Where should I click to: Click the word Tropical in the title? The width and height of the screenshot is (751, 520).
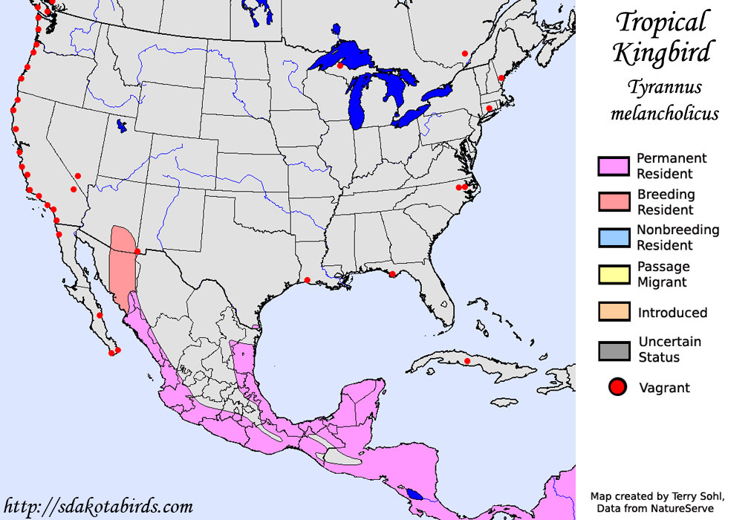point(663,22)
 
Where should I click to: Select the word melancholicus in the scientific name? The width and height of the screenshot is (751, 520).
point(664,114)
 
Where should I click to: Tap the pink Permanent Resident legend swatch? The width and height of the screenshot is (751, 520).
point(614,166)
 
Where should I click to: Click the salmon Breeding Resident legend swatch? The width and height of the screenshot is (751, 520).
point(614,202)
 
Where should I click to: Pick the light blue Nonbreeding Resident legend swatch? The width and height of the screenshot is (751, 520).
point(614,238)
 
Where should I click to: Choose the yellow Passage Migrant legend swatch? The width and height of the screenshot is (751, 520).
point(614,274)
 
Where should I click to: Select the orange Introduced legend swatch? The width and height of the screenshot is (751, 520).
point(614,312)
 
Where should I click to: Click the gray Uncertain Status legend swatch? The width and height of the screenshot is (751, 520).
point(614,350)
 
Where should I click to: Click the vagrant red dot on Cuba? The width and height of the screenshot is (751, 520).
point(467,361)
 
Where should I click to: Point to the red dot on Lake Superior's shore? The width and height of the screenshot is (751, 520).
point(340,65)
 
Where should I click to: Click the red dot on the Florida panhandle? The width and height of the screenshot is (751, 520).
point(392,274)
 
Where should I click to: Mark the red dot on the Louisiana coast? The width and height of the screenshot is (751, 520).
point(308,279)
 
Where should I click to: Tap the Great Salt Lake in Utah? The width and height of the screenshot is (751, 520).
point(120,126)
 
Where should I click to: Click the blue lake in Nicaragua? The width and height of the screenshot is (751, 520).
point(415,494)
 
